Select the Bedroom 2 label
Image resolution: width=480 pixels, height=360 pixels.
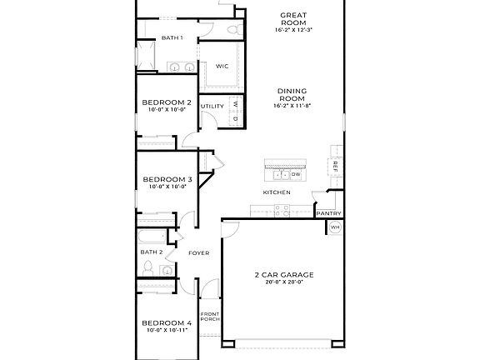coord(167,102)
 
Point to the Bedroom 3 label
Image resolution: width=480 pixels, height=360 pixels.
coord(167,179)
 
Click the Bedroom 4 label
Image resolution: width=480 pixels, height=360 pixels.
coord(167,322)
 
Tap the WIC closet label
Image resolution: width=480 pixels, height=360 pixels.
coord(222,65)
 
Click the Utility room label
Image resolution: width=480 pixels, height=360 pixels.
coord(212,107)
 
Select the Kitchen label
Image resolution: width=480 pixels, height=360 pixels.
coord(277,192)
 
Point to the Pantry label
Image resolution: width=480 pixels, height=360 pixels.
coord(327,213)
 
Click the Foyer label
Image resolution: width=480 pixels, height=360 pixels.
coord(198,252)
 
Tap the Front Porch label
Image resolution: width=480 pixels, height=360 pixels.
coord(209,317)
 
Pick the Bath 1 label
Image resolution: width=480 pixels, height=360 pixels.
coord(172,37)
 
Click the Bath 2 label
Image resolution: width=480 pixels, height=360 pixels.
coord(150,252)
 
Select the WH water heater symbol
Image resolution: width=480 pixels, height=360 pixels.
coord(335,227)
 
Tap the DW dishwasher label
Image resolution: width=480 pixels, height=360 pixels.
coord(296,174)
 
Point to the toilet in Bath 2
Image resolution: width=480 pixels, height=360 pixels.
coord(147,268)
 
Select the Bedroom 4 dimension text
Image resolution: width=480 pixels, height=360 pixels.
coord(167,331)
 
